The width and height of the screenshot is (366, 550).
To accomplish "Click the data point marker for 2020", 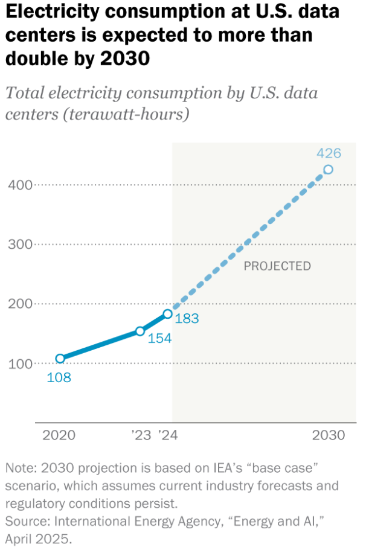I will click(x=60, y=359).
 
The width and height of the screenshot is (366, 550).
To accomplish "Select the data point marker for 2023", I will click(x=140, y=331).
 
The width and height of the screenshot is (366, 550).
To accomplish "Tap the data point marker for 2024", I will click(x=167, y=314).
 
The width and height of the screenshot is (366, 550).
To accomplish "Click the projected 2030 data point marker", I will click(x=328, y=170).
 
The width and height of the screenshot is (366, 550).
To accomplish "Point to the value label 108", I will click(x=59, y=379).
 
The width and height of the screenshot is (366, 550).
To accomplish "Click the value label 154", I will click(x=160, y=339).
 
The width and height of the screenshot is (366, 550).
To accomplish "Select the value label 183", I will click(x=187, y=318).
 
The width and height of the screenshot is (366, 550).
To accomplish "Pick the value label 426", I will click(x=329, y=153).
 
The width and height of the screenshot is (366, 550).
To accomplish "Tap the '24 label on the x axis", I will click(x=167, y=435).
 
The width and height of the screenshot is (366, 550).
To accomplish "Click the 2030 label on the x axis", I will click(x=329, y=435).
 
